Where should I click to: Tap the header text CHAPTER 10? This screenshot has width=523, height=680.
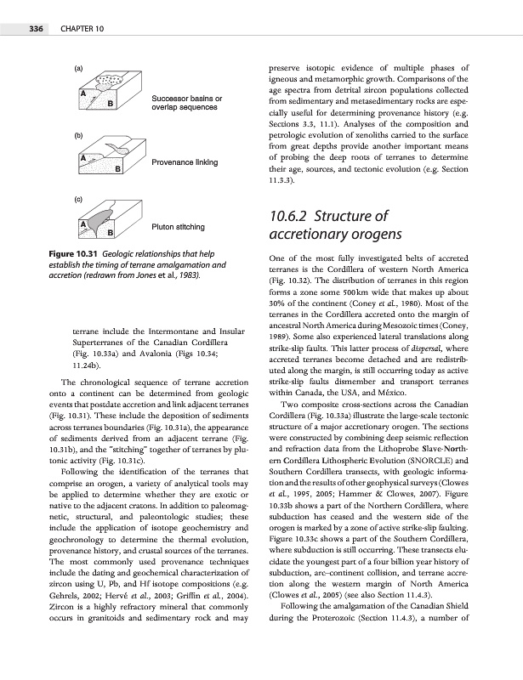[82, 30]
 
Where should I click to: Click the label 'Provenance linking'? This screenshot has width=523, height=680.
[185, 162]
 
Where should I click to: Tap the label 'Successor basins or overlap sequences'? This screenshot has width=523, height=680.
[187, 104]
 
